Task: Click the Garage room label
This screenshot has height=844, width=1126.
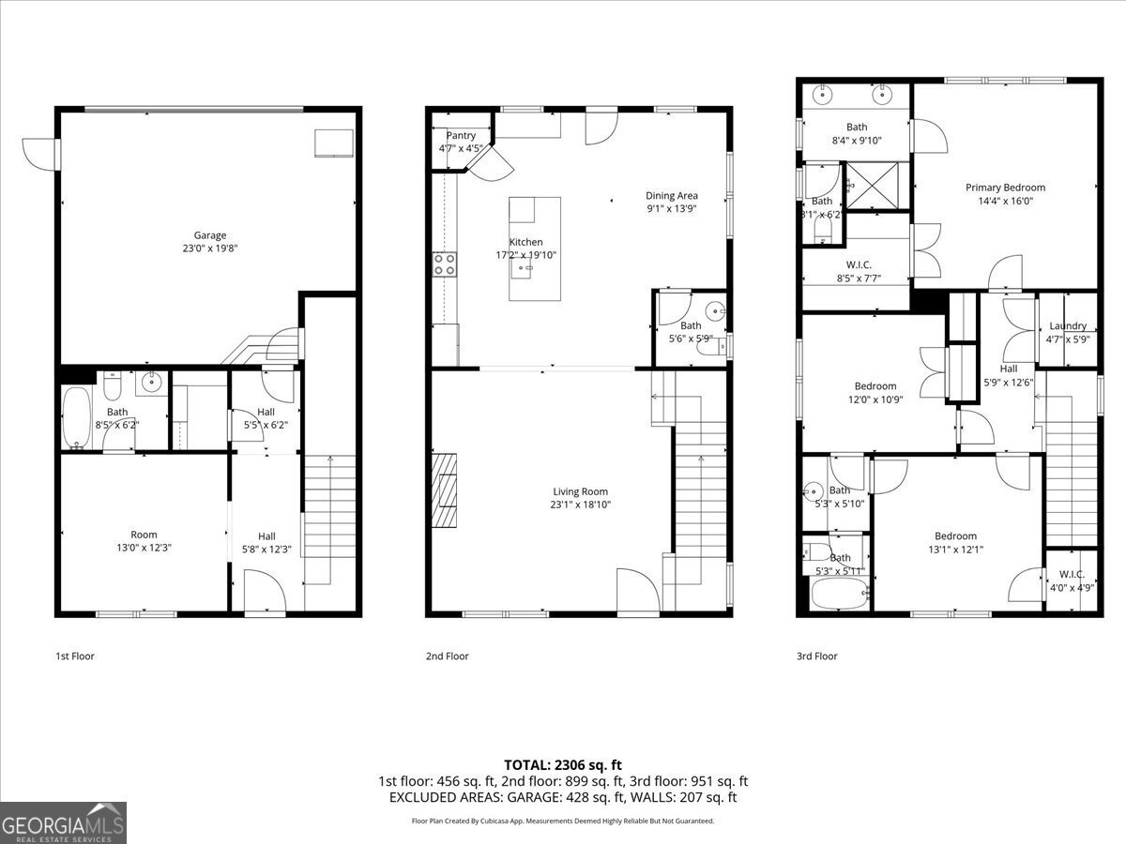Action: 210,235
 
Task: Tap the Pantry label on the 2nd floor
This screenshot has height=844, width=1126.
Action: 461,136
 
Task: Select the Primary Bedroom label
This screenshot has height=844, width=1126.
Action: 1005,188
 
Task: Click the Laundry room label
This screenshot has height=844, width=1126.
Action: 1068,326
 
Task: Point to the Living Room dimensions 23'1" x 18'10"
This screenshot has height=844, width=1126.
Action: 580,505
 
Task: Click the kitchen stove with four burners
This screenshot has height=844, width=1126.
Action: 444,264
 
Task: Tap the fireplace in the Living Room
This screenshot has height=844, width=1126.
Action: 445,491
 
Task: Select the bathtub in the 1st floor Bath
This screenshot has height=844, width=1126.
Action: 76,418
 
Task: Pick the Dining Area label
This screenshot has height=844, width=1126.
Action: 672,196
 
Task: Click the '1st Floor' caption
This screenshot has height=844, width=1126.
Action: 75,656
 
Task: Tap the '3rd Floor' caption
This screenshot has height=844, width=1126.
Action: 816,656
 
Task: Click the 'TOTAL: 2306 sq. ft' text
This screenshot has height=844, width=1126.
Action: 563,765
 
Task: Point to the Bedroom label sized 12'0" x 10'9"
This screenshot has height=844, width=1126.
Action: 875,386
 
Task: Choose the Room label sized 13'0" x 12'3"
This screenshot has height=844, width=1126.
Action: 144,535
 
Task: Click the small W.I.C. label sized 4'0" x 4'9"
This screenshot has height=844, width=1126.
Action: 1072,575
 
